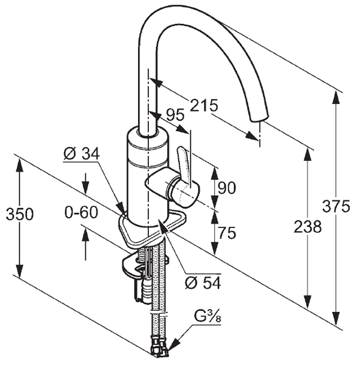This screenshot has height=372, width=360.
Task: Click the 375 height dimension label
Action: (x=336, y=206)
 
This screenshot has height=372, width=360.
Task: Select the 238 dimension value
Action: (x=308, y=227)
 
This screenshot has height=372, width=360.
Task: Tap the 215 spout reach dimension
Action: (x=204, y=105)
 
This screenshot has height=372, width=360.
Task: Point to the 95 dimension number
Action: (x=175, y=115)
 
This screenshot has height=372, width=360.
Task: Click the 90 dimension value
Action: (x=227, y=188)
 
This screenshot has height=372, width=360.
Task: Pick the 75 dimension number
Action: (x=227, y=233)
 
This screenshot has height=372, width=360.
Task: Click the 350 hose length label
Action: (x=20, y=214)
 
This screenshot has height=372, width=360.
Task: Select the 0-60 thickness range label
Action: (x=81, y=212)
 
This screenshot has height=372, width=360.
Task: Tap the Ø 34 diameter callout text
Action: (x=82, y=154)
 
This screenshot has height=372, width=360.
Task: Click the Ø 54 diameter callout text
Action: (x=203, y=283)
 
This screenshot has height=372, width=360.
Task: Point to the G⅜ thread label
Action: (x=208, y=317)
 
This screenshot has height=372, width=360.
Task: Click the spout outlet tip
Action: (x=259, y=118)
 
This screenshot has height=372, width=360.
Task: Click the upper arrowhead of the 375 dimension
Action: (x=336, y=97)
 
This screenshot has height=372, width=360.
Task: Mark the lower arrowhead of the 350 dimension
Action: (x=20, y=271)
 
